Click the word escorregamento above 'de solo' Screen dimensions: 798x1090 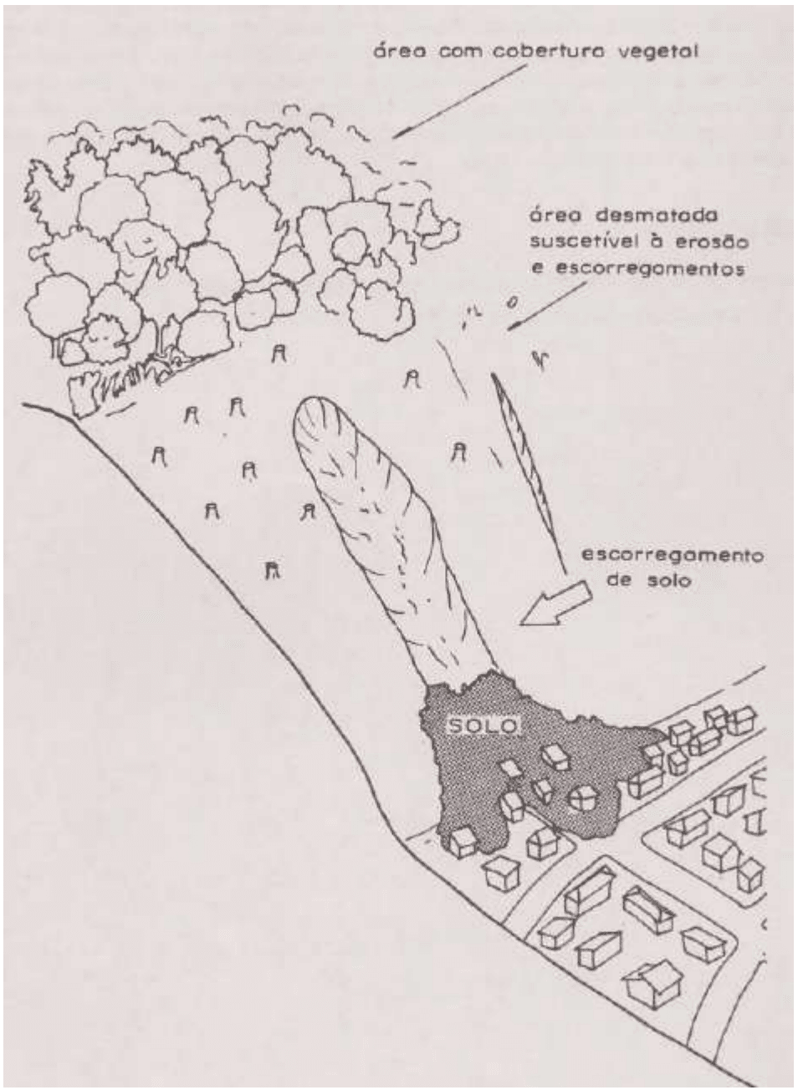click(673, 558)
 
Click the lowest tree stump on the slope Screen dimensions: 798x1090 click(271, 569)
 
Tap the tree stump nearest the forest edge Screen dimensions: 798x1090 click(279, 354)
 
